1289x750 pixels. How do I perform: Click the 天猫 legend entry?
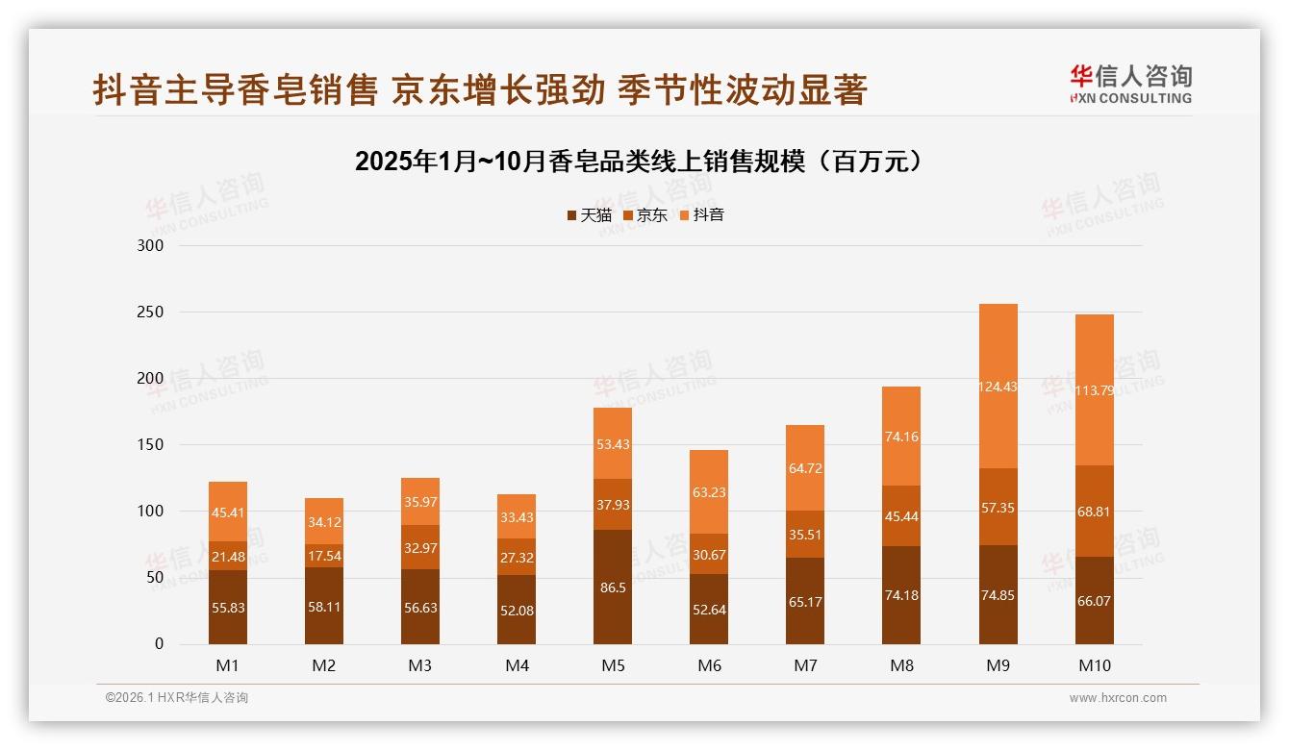(589, 215)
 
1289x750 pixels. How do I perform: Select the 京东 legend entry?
(644, 215)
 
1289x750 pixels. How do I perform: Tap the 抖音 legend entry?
(701, 215)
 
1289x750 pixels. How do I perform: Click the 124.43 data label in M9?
(998, 387)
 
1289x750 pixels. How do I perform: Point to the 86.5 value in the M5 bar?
(613, 587)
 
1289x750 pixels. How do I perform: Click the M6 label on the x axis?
(709, 665)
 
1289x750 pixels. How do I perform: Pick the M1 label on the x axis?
(228, 665)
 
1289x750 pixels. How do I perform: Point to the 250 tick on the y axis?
(151, 312)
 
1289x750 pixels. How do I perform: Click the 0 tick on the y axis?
(160, 644)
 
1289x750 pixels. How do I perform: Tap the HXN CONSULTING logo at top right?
(1130, 84)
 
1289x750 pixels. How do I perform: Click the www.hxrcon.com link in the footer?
(1118, 698)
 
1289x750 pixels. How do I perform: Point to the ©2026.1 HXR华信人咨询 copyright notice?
(177, 698)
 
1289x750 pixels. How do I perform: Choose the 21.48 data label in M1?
(228, 556)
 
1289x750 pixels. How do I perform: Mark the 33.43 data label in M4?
(517, 518)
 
